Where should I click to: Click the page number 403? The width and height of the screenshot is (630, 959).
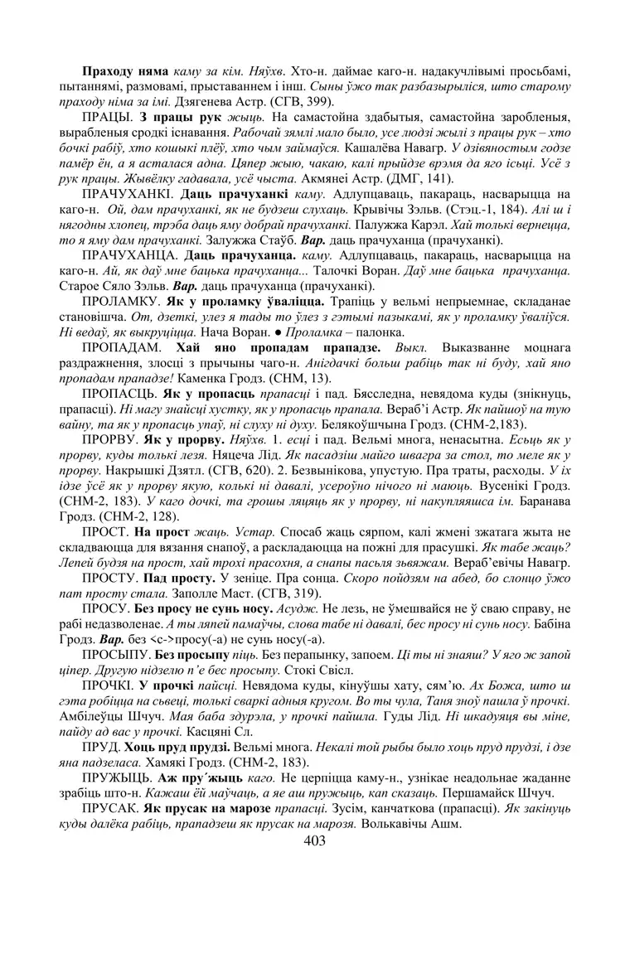click(x=315, y=840)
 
